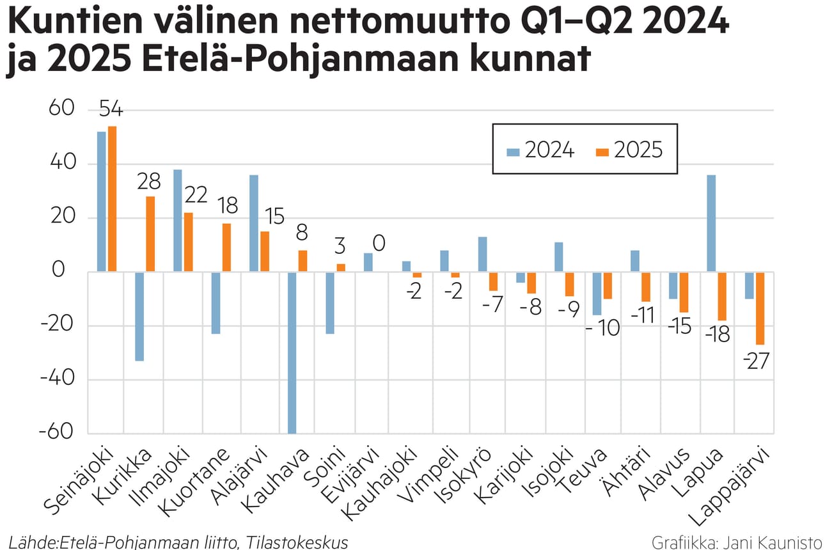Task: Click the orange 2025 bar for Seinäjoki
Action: [x=113, y=199]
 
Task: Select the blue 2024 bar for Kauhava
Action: [x=292, y=352]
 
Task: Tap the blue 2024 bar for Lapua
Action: [x=711, y=223]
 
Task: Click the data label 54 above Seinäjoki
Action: [x=110, y=110]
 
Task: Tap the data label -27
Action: [x=756, y=359]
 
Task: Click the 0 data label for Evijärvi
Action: [x=378, y=244]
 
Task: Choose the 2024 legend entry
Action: [x=540, y=150]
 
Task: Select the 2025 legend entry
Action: [x=629, y=150]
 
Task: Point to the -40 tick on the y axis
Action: [x=58, y=379]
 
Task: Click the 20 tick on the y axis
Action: [x=65, y=217]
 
